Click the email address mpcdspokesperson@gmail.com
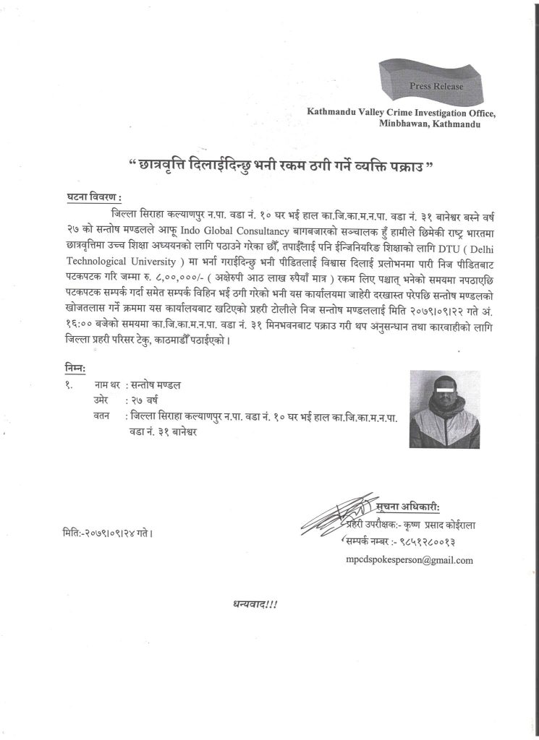(410, 559)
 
